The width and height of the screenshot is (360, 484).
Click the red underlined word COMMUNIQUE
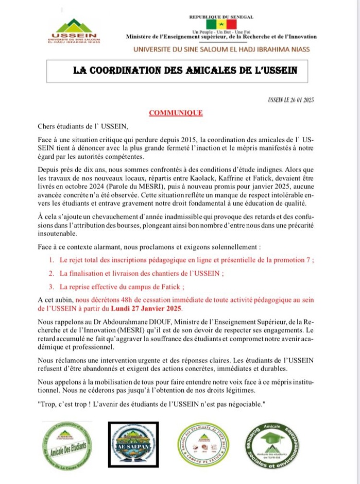[176, 112]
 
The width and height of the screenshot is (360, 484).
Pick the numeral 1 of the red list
[52, 260]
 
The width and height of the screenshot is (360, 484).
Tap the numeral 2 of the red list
[52, 274]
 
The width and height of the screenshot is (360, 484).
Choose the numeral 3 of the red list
[52, 287]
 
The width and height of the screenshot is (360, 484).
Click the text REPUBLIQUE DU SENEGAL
[221, 17]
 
